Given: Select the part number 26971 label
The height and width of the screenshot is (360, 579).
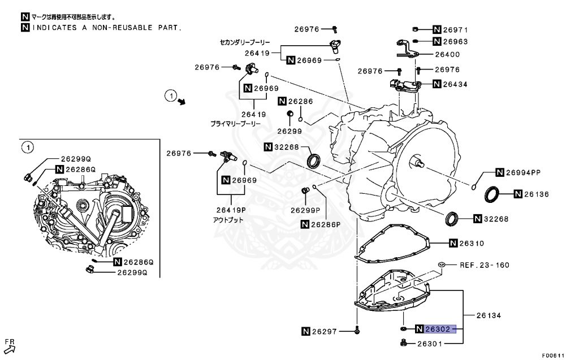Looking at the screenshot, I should (x=455, y=29).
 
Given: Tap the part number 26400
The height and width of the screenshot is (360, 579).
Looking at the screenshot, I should (x=447, y=55).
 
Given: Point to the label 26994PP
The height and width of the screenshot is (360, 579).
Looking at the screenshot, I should (x=524, y=172).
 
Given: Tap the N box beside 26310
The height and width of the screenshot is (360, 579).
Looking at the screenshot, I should (x=453, y=243).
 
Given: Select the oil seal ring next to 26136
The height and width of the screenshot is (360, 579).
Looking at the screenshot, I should (x=493, y=194).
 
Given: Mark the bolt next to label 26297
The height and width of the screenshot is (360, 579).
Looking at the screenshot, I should (x=357, y=330).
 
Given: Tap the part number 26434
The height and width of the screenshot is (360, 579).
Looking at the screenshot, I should (x=455, y=84).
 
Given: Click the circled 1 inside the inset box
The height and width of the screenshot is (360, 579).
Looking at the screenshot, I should (x=26, y=148).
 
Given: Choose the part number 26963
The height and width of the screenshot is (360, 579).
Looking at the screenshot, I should (x=455, y=42).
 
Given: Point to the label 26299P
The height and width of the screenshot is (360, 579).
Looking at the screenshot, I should (x=305, y=210).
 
